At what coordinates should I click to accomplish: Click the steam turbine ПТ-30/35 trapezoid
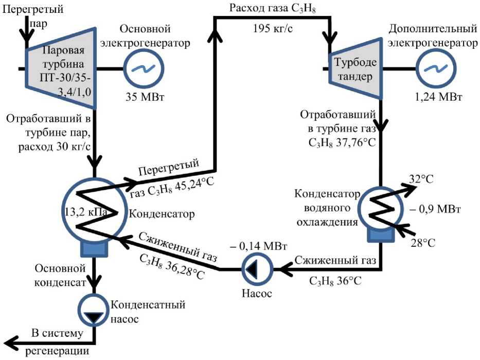click(61, 68)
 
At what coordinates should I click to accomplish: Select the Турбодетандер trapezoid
click(355, 68)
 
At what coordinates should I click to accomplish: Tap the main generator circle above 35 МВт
click(144, 68)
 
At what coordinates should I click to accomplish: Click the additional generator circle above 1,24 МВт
click(436, 68)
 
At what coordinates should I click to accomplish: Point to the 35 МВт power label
click(145, 97)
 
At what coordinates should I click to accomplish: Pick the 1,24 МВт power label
click(438, 97)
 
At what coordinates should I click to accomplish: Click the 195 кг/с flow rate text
click(273, 28)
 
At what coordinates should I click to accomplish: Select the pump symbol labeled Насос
click(257, 269)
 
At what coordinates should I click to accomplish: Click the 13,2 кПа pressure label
click(86, 212)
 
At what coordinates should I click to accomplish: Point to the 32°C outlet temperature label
click(421, 179)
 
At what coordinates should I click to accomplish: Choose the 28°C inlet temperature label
click(423, 243)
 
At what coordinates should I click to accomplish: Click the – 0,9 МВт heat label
click(436, 209)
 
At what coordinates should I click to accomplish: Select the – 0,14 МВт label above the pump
click(258, 246)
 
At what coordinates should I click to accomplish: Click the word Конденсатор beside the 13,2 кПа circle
click(162, 213)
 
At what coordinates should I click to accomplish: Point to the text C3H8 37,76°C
click(342, 142)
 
